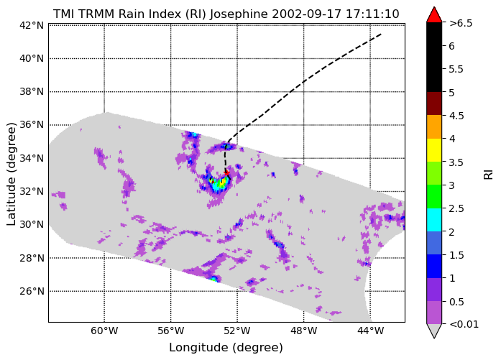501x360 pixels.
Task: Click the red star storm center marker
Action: (x=226, y=172)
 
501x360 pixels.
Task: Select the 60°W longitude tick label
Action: (x=104, y=331)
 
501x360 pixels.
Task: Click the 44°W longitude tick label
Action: (x=370, y=331)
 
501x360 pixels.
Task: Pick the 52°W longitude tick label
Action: (x=237, y=331)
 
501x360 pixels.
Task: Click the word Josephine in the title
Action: (x=239, y=14)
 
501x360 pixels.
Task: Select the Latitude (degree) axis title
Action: (x=11, y=174)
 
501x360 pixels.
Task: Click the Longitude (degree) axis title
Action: (x=226, y=348)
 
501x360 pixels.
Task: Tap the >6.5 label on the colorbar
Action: (x=461, y=23)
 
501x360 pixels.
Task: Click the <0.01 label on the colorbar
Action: (x=464, y=324)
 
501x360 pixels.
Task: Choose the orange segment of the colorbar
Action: (x=434, y=126)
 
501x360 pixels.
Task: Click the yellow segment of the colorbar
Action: (x=434, y=150)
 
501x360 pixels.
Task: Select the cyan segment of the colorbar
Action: (x=434, y=220)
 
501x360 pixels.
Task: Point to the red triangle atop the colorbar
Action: (x=434, y=15)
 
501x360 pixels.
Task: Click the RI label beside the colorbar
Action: (x=489, y=175)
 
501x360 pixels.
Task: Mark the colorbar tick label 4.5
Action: (x=456, y=116)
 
